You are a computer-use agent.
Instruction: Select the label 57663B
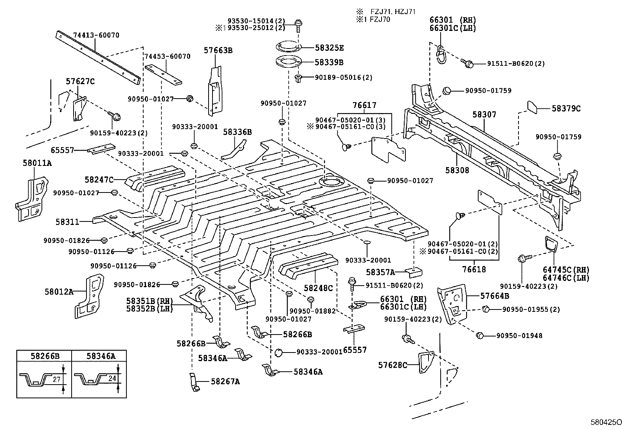click(x=218, y=50)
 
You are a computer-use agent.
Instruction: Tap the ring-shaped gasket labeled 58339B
click(x=289, y=62)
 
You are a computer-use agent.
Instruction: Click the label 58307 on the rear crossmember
click(x=484, y=115)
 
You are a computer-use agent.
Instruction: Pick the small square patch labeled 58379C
click(x=533, y=107)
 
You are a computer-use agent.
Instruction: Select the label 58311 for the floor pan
click(x=67, y=222)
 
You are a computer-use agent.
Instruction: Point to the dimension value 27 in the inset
click(x=56, y=379)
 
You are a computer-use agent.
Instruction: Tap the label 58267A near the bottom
click(x=225, y=381)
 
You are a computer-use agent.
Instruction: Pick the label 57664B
click(x=495, y=296)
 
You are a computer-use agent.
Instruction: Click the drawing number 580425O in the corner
click(x=606, y=423)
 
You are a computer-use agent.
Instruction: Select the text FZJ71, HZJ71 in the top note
click(x=393, y=12)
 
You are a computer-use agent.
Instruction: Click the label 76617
click(x=364, y=105)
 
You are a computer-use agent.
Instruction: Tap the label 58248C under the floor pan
click(x=318, y=288)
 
